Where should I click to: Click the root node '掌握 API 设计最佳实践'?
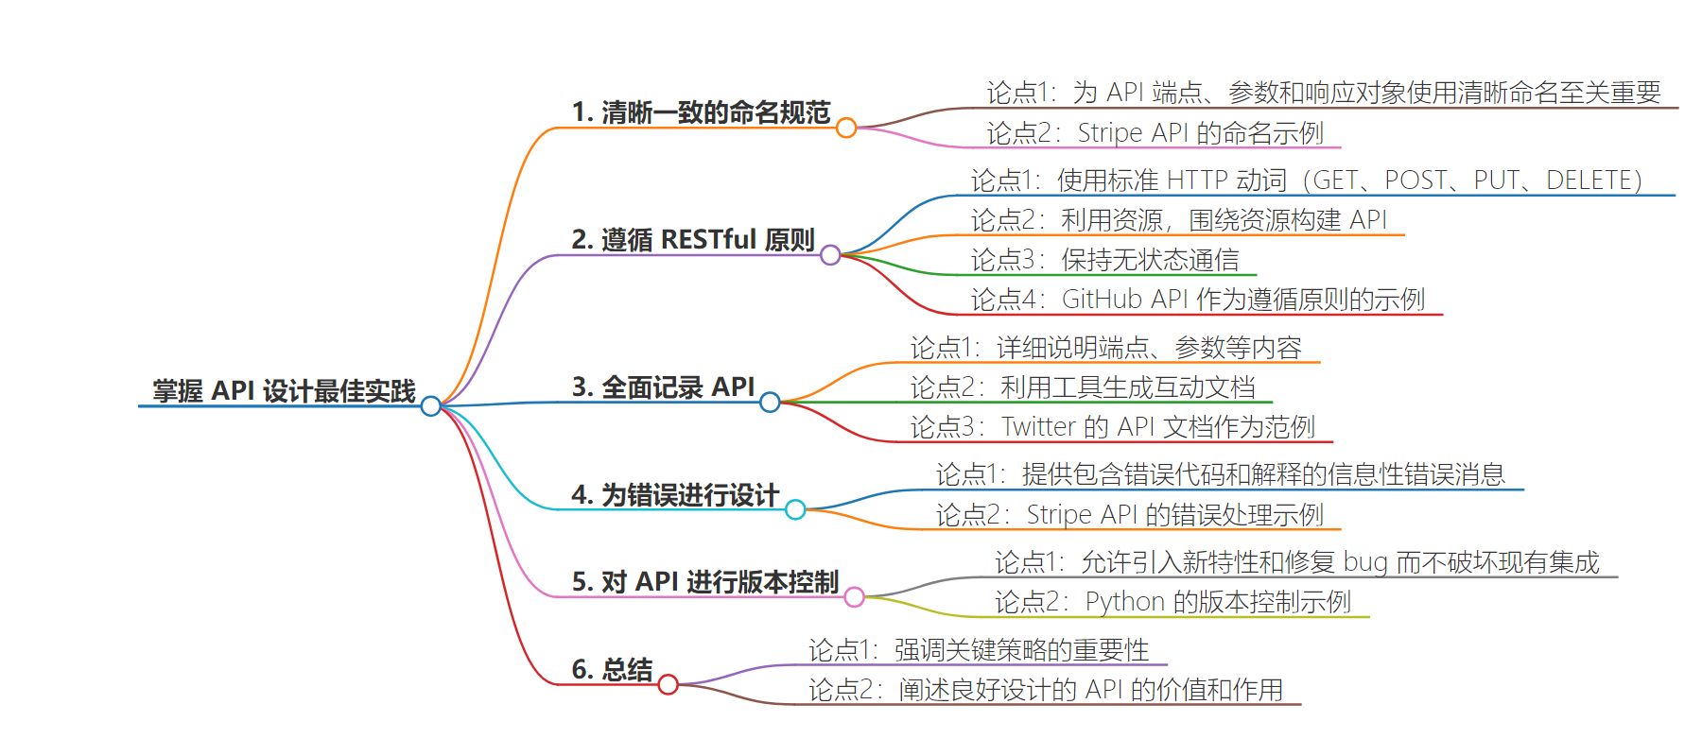pyautogui.click(x=284, y=391)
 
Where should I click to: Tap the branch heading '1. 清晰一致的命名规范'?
pyautogui.click(x=701, y=112)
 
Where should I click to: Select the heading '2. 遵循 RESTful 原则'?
pyautogui.click(x=693, y=240)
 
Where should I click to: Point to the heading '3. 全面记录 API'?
pyautogui.click(x=663, y=387)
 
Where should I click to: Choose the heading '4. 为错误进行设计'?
pyautogui.click(x=675, y=495)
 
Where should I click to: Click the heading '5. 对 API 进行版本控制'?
pyautogui.click(x=705, y=582)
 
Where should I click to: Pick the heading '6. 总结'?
pyautogui.click(x=612, y=670)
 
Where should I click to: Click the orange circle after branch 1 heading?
pyautogui.click(x=846, y=128)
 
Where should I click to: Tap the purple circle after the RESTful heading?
pyautogui.click(x=830, y=255)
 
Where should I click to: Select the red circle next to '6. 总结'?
pyautogui.click(x=668, y=684)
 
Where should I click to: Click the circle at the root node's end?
pyautogui.click(x=431, y=406)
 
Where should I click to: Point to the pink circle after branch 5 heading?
pyautogui.click(x=854, y=596)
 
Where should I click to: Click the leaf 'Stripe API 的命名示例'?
pyautogui.click(x=1200, y=133)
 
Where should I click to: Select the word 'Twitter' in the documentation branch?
pyautogui.click(x=1038, y=427)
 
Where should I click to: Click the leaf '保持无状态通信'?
pyautogui.click(x=1150, y=260)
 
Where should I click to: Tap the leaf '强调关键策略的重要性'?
pyautogui.click(x=1021, y=650)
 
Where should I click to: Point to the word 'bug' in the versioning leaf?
pyautogui.click(x=1365, y=563)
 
